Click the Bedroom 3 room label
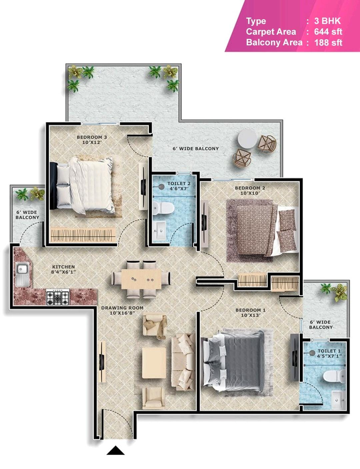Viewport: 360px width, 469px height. pyautogui.click(x=92, y=140)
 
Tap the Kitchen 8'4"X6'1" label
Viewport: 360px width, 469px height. pyautogui.click(x=63, y=269)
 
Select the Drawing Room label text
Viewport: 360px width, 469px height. pyautogui.click(x=122, y=310)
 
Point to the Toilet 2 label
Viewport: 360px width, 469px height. pyautogui.click(x=179, y=186)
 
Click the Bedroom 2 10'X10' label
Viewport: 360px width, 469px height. pyautogui.click(x=250, y=191)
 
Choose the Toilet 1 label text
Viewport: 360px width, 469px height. pyautogui.click(x=329, y=353)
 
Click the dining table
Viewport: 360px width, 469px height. pyautogui.click(x=141, y=279)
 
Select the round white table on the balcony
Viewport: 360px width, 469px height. pyautogui.click(x=247, y=139)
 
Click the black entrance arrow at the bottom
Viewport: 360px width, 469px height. pyautogui.click(x=115, y=450)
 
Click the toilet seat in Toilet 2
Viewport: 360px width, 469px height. pyautogui.click(x=163, y=208)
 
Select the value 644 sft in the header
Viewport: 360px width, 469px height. pyautogui.click(x=328, y=32)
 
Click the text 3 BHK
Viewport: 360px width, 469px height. pyautogui.click(x=327, y=21)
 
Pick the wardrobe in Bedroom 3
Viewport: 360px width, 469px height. pyautogui.click(x=83, y=235)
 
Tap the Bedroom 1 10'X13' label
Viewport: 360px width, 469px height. pyautogui.click(x=251, y=313)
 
